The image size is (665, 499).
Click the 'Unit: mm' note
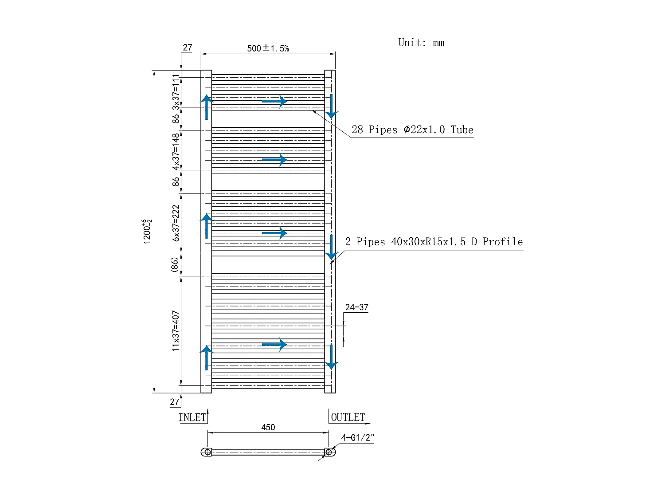[421, 43]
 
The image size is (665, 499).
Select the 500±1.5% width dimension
[268, 48]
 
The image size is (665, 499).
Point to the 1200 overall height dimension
[147, 231]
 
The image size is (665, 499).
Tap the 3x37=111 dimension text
[176, 92]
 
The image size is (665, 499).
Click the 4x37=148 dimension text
[176, 151]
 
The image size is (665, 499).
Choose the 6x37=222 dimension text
[176, 223]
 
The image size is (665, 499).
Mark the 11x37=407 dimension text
[176, 331]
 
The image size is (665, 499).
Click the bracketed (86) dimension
[175, 264]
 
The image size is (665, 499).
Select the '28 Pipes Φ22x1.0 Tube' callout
[412, 130]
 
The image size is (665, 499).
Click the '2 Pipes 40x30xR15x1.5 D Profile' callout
[434, 242]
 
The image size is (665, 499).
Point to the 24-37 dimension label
[356, 307]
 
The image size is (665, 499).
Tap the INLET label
[192, 417]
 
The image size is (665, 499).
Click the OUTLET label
[348, 417]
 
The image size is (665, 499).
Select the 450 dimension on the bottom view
[268, 427]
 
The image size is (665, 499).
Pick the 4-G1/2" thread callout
[357, 438]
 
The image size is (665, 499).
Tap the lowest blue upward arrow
[207, 357]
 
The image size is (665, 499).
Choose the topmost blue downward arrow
[331, 107]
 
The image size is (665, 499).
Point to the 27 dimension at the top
[188, 47]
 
